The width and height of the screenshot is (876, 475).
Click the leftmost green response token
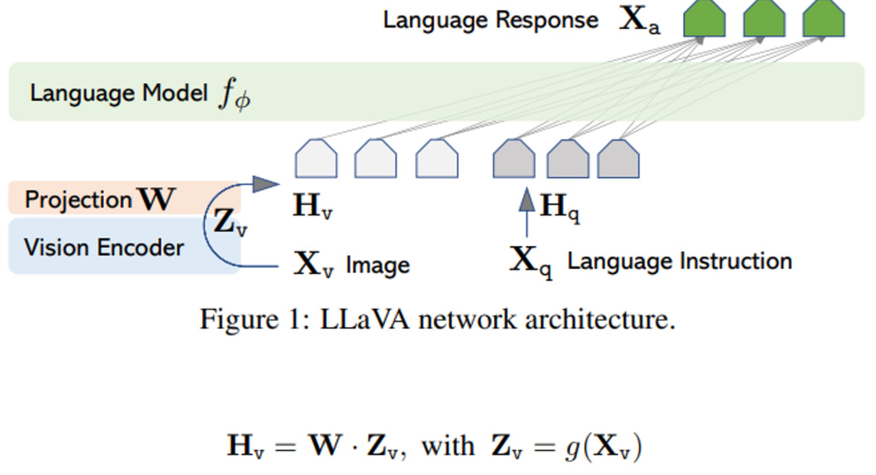point(704,18)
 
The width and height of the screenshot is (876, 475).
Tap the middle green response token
point(764,18)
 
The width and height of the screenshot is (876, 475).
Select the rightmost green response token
point(823,18)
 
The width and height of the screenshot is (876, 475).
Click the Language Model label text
point(118,93)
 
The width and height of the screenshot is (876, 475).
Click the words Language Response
point(491,20)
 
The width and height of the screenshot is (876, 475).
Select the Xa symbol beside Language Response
point(639,21)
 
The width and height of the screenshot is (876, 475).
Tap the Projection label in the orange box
point(78,200)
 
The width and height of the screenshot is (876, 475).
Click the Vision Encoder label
point(104,248)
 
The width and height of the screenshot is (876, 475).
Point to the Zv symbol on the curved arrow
point(230,223)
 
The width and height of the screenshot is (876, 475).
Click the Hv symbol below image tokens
point(312,207)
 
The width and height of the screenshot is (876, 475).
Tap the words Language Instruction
point(679,261)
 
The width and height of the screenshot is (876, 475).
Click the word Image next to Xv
point(378,265)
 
